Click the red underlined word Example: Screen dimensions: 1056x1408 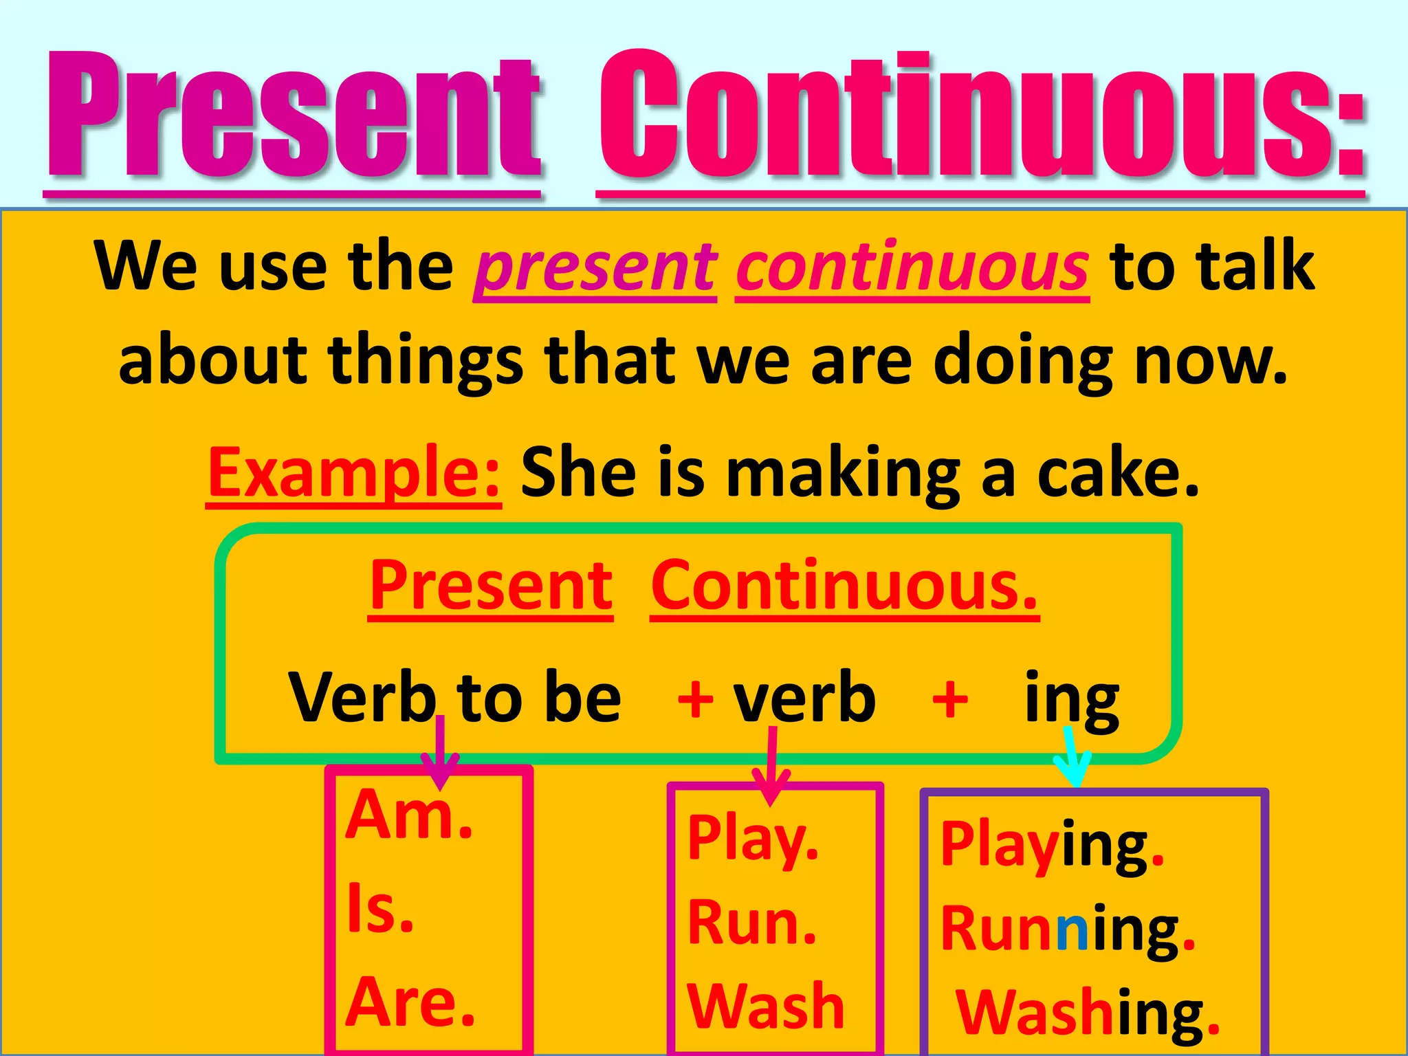tap(354, 473)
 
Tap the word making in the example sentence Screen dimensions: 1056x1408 tap(843, 474)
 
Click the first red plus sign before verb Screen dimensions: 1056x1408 tap(695, 699)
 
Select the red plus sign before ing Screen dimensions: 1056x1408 tap(950, 699)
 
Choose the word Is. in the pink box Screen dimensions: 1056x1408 tap(380, 909)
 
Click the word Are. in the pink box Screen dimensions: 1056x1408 tap(410, 1002)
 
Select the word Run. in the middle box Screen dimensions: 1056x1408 tap(751, 923)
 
